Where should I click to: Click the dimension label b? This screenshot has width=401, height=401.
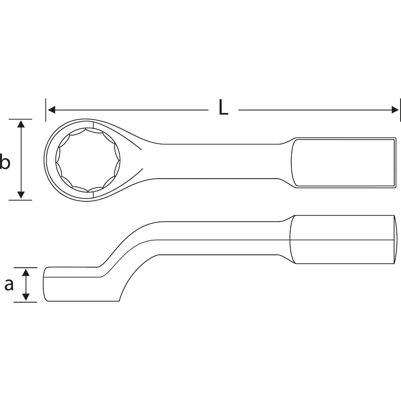pyautogui.click(x=5, y=162)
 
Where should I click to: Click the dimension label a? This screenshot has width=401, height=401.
pyautogui.click(x=9, y=285)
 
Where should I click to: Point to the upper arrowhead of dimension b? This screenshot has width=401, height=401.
pyautogui.click(x=21, y=124)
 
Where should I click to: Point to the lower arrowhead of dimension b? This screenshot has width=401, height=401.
pyautogui.click(x=21, y=195)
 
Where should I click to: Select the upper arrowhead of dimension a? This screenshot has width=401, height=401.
pyautogui.click(x=26, y=272)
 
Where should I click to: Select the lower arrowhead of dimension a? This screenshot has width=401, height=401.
pyautogui.click(x=26, y=297)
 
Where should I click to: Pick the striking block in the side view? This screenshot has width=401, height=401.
pyautogui.click(x=343, y=239)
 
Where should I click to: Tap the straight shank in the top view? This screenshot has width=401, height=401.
pyautogui.click(x=219, y=161)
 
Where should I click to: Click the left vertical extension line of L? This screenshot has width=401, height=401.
pyautogui.click(x=46, y=110)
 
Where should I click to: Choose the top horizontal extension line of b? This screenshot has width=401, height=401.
pyautogui.click(x=20, y=119)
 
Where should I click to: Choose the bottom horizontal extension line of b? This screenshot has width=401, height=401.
pyautogui.click(x=20, y=200)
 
